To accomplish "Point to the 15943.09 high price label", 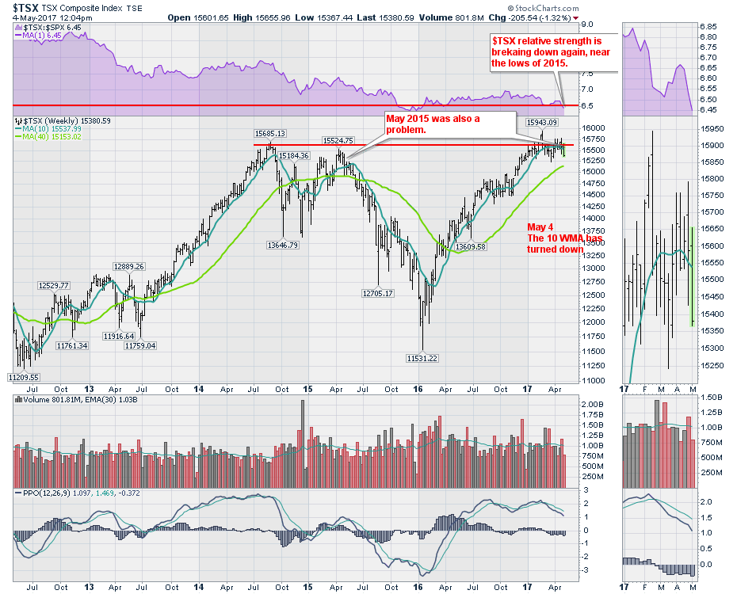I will tap(542, 122).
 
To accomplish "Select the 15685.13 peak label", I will tap(269, 133).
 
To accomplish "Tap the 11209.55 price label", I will tap(24, 377).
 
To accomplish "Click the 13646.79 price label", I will tap(282, 246).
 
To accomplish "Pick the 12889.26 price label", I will tap(128, 266).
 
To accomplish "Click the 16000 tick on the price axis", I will tap(594, 128).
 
